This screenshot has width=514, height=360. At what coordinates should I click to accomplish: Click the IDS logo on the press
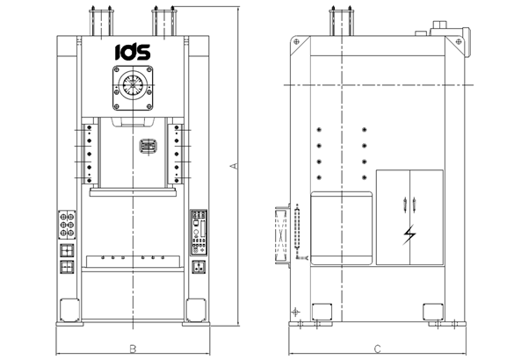[x=132, y=51]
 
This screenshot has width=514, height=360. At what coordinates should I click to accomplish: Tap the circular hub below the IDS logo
[x=132, y=88]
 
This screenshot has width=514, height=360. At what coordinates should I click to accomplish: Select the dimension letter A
[x=233, y=165]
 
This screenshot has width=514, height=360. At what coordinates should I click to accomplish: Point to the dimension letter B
[x=132, y=349]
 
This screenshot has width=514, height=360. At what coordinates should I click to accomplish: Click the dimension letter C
[x=377, y=349]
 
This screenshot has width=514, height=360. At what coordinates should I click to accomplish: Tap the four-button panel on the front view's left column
[x=69, y=225]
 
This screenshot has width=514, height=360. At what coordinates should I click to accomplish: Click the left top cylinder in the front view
[x=97, y=21]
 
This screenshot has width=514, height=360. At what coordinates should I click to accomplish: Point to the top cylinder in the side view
[x=336, y=21]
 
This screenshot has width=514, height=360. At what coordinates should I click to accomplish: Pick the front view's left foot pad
[x=68, y=310]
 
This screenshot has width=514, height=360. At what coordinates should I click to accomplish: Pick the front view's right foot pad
[x=195, y=310]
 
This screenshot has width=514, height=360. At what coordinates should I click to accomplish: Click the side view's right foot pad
[x=431, y=311]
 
